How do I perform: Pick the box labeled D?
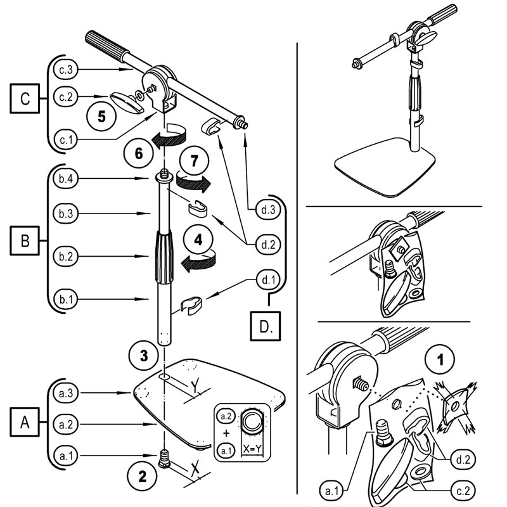coord(266,327)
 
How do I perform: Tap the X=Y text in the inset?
coord(251,448)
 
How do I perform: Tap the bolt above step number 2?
coord(164,456)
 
